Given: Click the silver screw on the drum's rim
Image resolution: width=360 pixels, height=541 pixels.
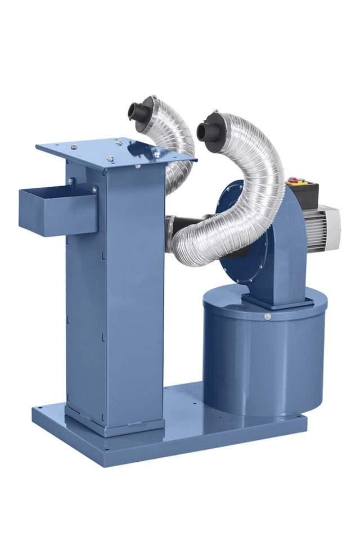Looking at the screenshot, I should tap(267, 317).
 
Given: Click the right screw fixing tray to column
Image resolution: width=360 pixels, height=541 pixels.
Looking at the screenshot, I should tap(93, 190).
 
